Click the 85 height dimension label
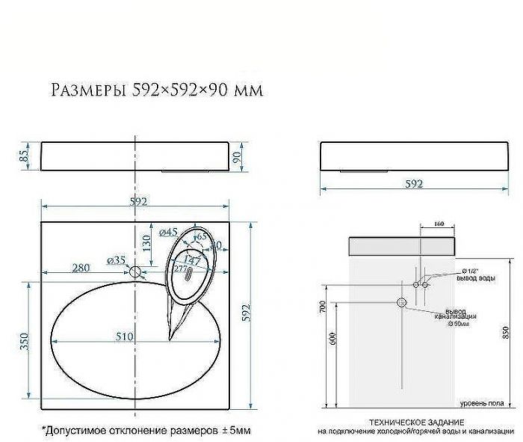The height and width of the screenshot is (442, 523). tap(24, 156)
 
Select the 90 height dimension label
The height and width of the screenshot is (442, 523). tap(237, 156)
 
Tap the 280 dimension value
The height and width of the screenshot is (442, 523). tap(81, 268)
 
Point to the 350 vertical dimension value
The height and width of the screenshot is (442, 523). tap(24, 341)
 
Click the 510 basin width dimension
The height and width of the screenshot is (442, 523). tap(124, 337)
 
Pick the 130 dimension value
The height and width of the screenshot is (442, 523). tap(147, 243)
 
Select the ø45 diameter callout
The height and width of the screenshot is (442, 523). tap(168, 232)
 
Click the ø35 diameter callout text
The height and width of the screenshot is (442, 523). tap(116, 260)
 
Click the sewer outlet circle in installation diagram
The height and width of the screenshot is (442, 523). tap(401, 303)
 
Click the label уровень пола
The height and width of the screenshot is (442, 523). tap(479, 404)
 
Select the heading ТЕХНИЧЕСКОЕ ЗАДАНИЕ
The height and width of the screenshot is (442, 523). tap(414, 423)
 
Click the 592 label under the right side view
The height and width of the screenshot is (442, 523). tap(414, 183)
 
